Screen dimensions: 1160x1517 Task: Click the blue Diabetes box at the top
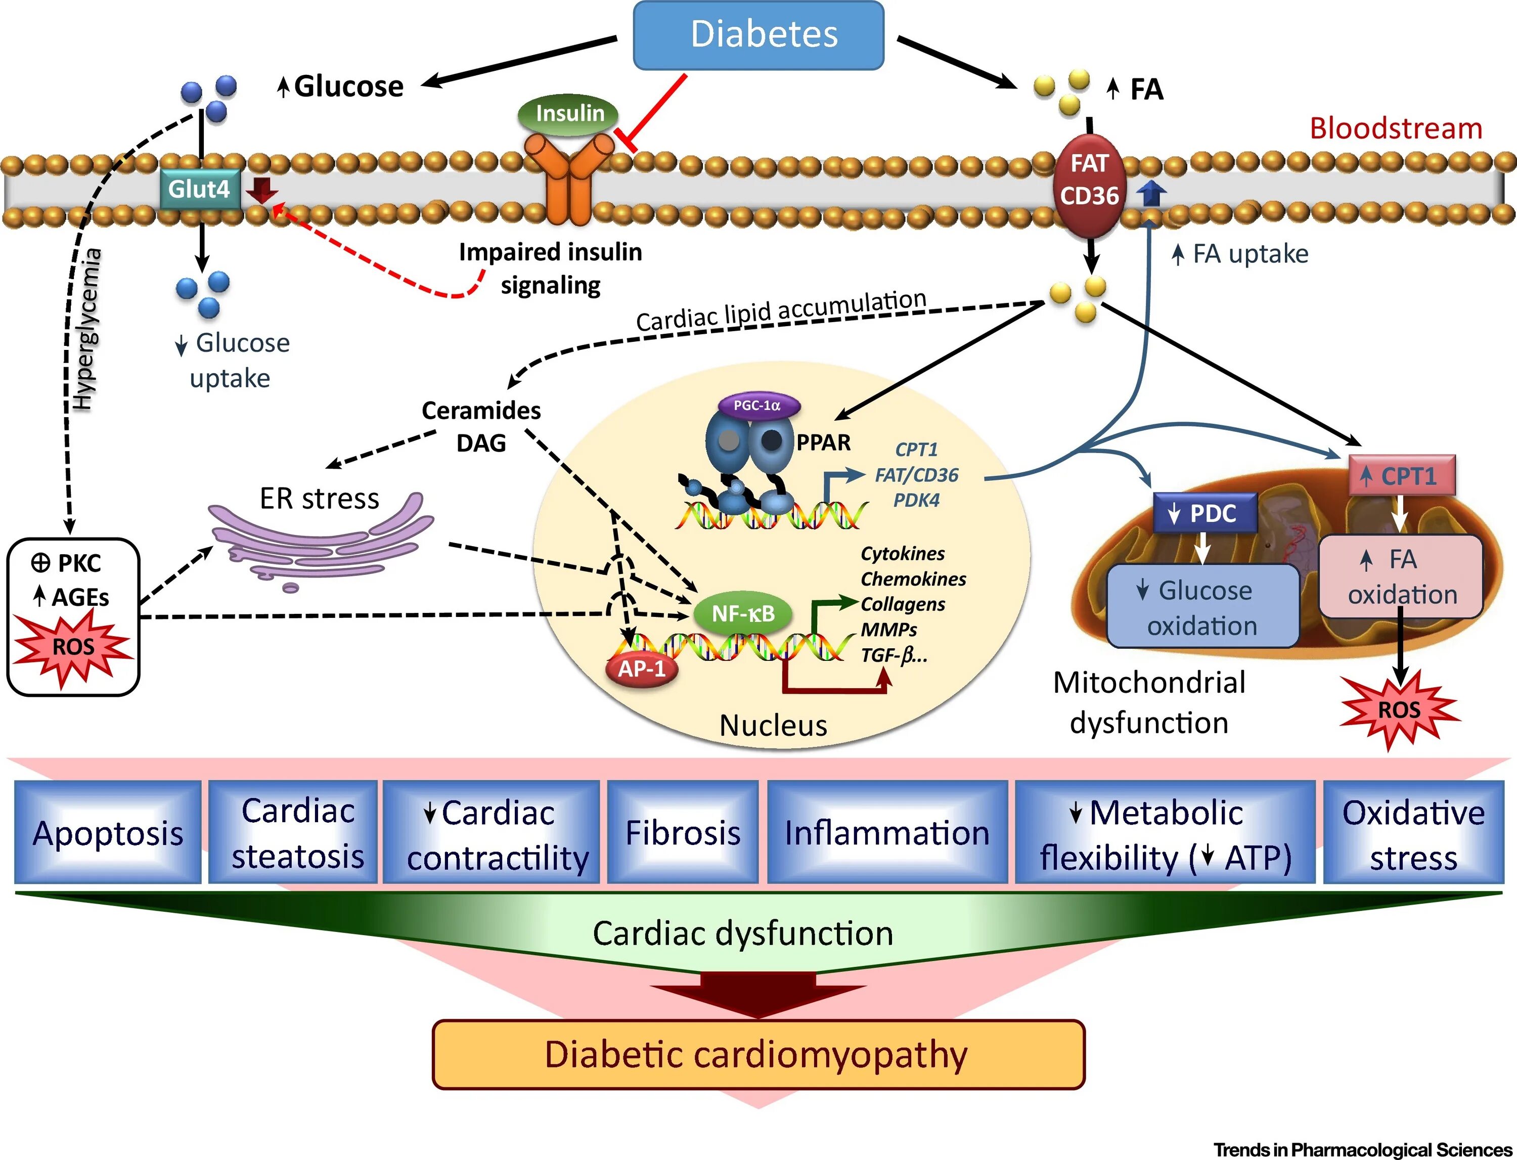click(x=758, y=34)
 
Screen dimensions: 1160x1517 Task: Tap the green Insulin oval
click(x=567, y=113)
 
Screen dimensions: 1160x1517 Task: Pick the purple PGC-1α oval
click(x=758, y=406)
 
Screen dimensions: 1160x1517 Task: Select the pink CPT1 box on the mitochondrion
click(x=1402, y=476)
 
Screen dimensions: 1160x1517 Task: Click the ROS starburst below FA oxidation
click(x=1399, y=710)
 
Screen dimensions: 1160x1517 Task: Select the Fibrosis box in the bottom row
click(x=682, y=832)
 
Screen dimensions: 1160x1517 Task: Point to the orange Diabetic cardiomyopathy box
click(x=757, y=1054)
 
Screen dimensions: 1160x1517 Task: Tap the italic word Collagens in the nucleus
click(x=903, y=604)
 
